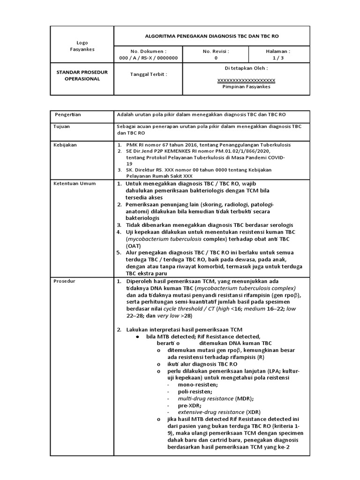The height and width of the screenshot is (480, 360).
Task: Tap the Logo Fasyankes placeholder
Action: tap(82, 46)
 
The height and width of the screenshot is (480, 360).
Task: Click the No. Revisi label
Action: tap(216, 51)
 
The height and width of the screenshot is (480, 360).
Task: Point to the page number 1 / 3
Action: tap(277, 58)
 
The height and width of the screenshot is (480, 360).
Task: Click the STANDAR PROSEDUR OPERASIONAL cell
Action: tap(82, 75)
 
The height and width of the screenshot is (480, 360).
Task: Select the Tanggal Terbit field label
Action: tap(148, 74)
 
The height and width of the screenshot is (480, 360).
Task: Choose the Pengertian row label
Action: tap(68, 114)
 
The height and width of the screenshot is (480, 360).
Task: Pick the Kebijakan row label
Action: tap(67, 145)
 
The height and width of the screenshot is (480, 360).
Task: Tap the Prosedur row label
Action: tap(66, 281)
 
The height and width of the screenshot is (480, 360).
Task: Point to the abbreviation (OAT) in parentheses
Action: tap(133, 245)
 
